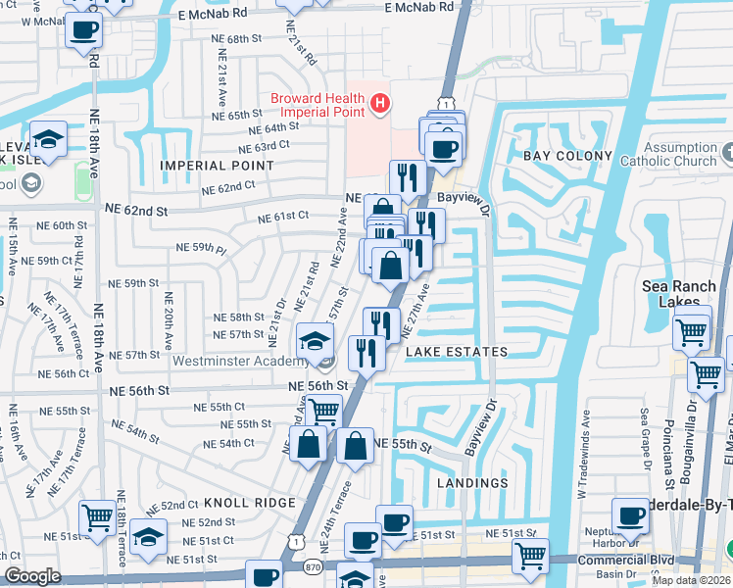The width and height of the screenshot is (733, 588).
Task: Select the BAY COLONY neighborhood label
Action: [567, 156]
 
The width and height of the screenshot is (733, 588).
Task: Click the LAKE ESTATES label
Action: [454, 352]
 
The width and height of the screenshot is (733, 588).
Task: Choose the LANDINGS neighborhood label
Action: [473, 483]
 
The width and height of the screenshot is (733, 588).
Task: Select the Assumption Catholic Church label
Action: [668, 155]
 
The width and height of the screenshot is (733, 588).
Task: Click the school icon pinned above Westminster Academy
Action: [315, 341]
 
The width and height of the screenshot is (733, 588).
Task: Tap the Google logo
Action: [31, 577]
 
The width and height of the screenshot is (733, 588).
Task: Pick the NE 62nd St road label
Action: [136, 211]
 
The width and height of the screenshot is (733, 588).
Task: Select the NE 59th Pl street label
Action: [200, 248]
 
